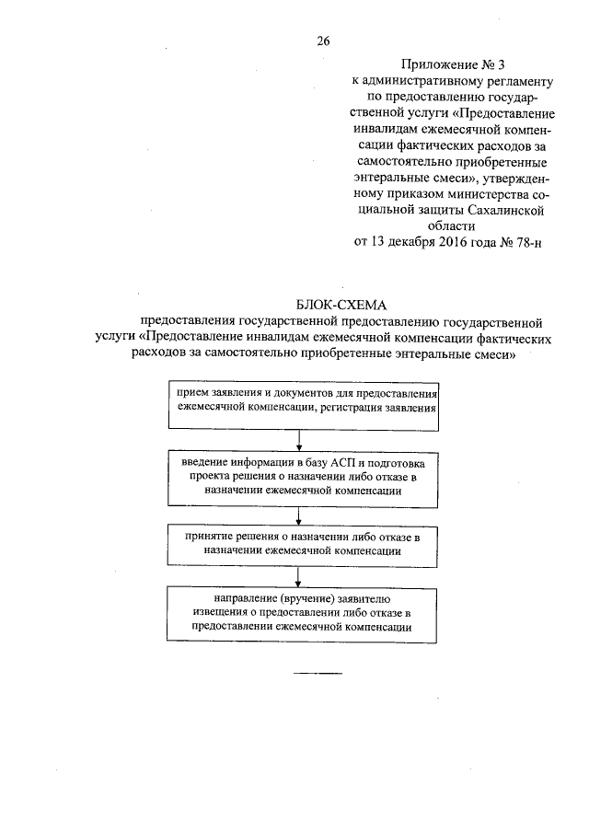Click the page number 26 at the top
click(x=323, y=40)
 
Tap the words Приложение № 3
click(x=441, y=65)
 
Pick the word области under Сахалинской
click(x=449, y=225)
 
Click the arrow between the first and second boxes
click(x=299, y=439)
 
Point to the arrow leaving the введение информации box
click(x=299, y=514)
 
